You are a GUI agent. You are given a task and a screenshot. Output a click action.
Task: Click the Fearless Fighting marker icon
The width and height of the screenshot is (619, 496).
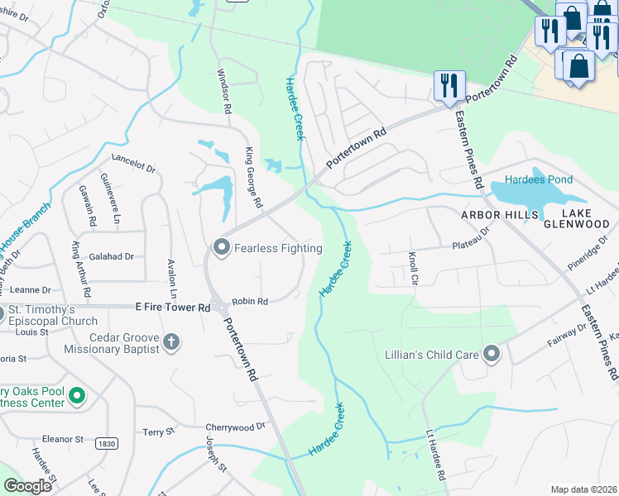pyautogui.click(x=221, y=247)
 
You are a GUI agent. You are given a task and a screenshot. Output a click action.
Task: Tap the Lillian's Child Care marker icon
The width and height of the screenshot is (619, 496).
pyautogui.click(x=492, y=355)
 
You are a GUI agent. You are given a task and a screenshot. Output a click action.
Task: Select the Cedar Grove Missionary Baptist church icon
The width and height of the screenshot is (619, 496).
pyautogui.click(x=171, y=341)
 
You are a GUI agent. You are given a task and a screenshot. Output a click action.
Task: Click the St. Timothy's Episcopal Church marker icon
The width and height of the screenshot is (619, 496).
pyautogui.click(x=2, y=314)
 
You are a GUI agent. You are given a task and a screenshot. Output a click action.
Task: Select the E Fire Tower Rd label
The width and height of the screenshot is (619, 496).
pyautogui.click(x=173, y=307)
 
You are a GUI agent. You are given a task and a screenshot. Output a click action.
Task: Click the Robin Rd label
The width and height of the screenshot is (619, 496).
pyautogui.click(x=250, y=302)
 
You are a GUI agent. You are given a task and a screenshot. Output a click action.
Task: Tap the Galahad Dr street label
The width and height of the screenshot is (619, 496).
pyautogui.click(x=112, y=256)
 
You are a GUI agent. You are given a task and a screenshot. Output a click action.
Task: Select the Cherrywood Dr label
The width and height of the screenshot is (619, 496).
pyautogui.click(x=236, y=427)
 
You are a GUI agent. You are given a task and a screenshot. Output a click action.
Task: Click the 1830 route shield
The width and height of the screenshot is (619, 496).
pyautogui.click(x=105, y=443)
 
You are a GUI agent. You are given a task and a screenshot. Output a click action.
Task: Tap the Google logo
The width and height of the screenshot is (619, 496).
pyautogui.click(x=27, y=486)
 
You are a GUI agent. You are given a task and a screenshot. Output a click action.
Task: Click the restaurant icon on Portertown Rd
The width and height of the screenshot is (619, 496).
pyautogui.click(x=449, y=84)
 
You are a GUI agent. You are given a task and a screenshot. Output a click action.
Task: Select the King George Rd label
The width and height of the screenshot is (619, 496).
pyautogui.click(x=253, y=177)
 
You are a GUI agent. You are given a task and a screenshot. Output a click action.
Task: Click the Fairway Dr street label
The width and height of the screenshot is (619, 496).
pyautogui.click(x=566, y=334)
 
